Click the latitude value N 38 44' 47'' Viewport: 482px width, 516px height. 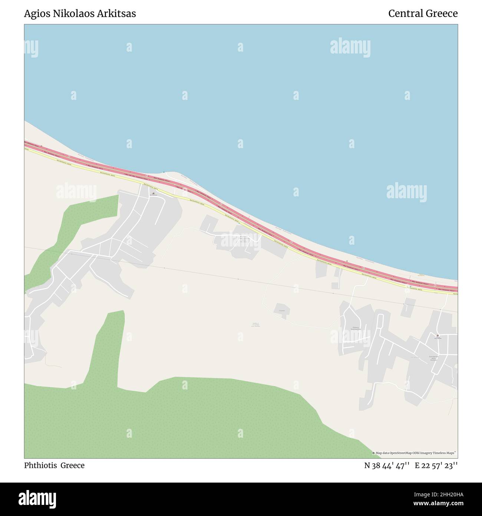(387, 466)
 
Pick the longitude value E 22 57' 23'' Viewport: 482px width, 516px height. (436, 466)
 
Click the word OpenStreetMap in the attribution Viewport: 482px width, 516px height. (401, 453)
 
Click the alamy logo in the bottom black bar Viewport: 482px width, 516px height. (37, 498)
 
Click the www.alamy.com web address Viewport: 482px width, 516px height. (439, 504)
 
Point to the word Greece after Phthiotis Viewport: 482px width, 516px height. (73, 466)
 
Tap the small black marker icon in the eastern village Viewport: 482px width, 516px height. (438, 336)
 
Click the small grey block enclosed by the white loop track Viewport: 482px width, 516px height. (282, 310)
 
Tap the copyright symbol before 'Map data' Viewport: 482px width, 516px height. (374, 453)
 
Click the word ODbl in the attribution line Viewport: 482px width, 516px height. (418, 453)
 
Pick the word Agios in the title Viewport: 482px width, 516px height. (35, 14)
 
